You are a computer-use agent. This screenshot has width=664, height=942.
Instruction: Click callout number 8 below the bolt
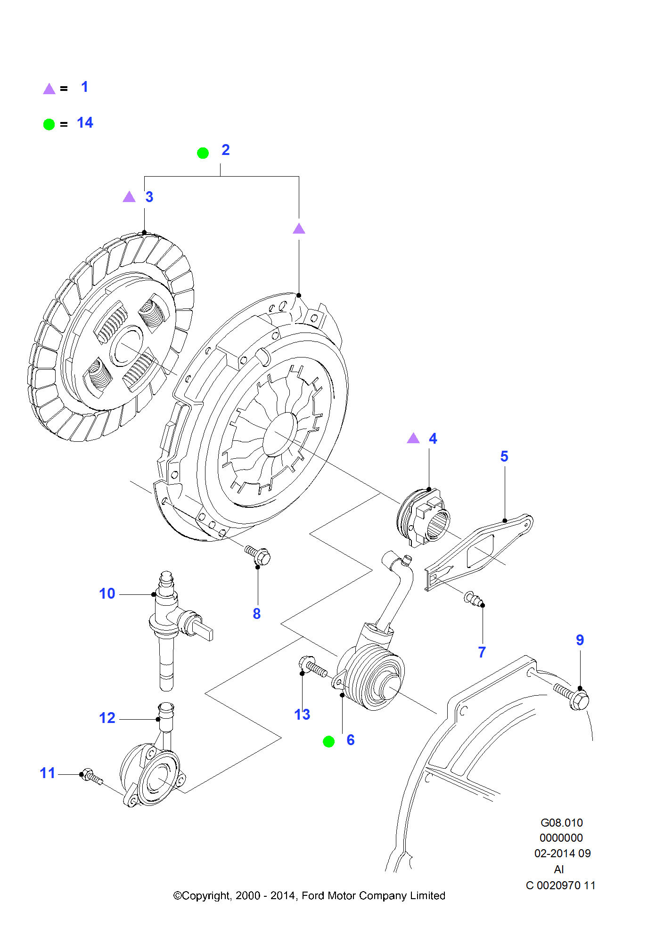(x=256, y=614)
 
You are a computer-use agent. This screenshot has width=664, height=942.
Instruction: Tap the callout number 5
(x=504, y=456)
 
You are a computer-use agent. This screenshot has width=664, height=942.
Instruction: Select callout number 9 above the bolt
(x=580, y=640)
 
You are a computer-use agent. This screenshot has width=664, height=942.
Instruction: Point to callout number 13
(x=302, y=715)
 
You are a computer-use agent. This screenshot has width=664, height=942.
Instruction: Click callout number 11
(x=48, y=773)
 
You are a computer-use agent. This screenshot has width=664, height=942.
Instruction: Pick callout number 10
(x=107, y=593)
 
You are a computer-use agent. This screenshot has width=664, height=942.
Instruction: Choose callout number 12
(x=107, y=718)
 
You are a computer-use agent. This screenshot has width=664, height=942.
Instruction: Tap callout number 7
(x=482, y=652)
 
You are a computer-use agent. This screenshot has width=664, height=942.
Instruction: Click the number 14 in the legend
(x=85, y=123)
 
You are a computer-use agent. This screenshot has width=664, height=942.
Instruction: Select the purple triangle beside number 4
(x=413, y=439)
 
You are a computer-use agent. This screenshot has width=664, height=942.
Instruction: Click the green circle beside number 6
(x=328, y=742)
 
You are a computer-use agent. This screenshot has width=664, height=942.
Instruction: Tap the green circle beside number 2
(x=203, y=153)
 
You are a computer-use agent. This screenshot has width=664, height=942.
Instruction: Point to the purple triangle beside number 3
(x=129, y=197)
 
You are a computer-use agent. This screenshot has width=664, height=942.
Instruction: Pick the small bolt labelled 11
(x=91, y=776)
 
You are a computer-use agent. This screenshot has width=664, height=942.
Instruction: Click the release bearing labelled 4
(x=424, y=518)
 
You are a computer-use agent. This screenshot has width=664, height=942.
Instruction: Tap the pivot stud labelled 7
(x=474, y=599)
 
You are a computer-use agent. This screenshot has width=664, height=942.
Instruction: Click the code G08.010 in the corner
(x=561, y=823)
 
